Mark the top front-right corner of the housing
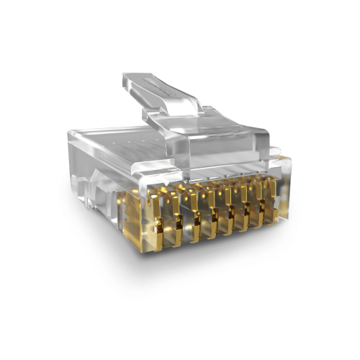pyautogui.click(x=284, y=155)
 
